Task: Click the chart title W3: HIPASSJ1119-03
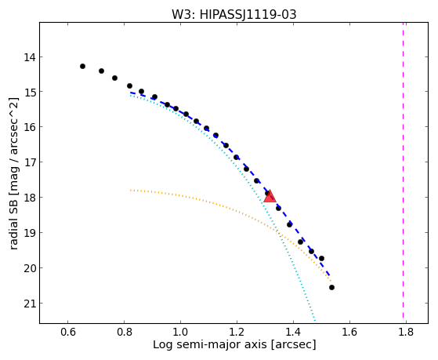[x=233, y=14]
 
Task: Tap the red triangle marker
[x=270, y=196]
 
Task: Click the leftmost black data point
[x=82, y=67]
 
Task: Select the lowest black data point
[x=331, y=287]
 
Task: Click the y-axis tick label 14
[x=29, y=57]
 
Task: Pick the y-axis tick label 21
[x=29, y=304]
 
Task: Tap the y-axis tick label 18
[x=29, y=198]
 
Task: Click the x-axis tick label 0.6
[x=68, y=332]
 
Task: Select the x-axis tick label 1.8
[x=406, y=332]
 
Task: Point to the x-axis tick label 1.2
[x=237, y=332]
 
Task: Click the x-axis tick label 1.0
[x=180, y=332]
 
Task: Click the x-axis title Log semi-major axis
[x=209, y=344]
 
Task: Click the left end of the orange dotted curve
[x=130, y=191]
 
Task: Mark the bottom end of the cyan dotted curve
[x=315, y=321]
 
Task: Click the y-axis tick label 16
[x=29, y=127]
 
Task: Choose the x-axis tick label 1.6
[x=349, y=332]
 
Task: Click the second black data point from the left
[x=101, y=71]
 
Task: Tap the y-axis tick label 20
[x=29, y=268]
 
